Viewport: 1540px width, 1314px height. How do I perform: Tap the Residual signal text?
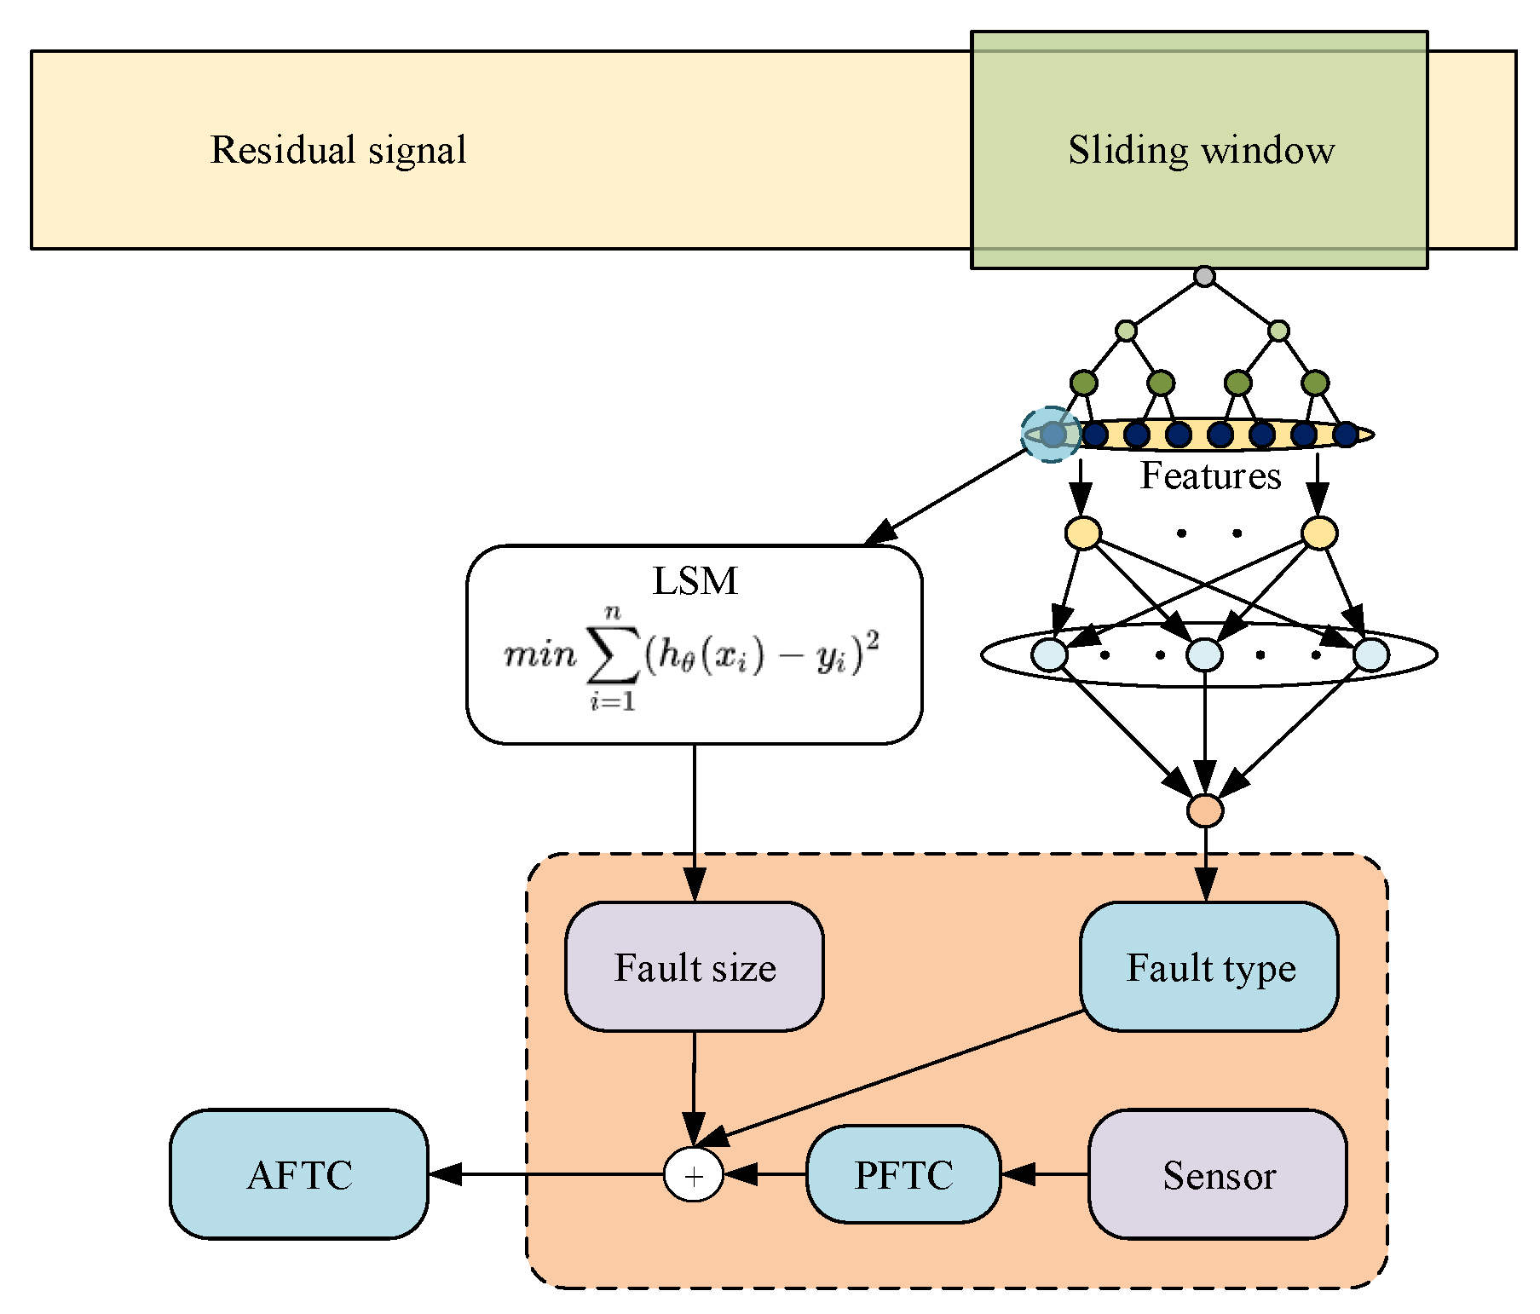[338, 150]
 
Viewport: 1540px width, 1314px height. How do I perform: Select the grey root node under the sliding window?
[1203, 276]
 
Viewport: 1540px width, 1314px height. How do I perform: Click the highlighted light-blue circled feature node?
[1053, 435]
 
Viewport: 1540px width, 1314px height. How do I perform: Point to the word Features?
[1210, 475]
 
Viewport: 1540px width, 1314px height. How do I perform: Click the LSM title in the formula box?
[695, 581]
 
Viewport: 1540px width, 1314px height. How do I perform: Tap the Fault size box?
[694, 966]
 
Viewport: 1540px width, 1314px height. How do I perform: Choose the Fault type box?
[1208, 966]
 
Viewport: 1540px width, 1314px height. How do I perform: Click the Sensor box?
[1217, 1174]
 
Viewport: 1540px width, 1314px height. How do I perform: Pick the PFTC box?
[903, 1174]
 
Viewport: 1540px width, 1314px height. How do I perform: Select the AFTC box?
[299, 1174]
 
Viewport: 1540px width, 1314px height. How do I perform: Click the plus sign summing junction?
[694, 1175]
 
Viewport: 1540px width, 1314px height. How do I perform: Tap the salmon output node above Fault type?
[1205, 810]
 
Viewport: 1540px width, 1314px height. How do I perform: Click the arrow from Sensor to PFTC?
[1044, 1174]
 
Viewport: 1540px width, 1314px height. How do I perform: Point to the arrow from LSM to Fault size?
[695, 818]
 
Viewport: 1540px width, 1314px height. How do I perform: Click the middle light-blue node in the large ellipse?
[1204, 654]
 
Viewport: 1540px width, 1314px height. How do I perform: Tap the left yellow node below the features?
[1083, 533]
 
